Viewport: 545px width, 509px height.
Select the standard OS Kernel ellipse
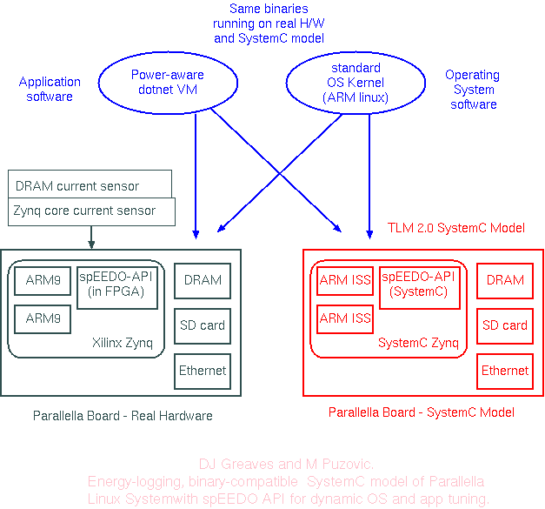(x=356, y=83)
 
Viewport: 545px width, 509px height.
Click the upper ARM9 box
(x=42, y=280)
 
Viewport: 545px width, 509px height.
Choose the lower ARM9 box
(x=42, y=318)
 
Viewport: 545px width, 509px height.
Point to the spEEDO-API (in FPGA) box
(x=117, y=287)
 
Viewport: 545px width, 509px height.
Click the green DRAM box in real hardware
(x=203, y=280)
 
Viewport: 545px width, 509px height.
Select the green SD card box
(x=203, y=325)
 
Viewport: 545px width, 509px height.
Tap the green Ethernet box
(x=203, y=371)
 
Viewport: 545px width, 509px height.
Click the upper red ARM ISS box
(x=345, y=280)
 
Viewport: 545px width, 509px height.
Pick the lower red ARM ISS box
(x=345, y=318)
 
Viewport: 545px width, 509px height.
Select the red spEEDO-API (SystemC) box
(x=419, y=284)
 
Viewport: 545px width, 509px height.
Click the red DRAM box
(x=505, y=280)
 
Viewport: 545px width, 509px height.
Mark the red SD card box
(x=505, y=325)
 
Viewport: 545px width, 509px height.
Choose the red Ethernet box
(x=505, y=371)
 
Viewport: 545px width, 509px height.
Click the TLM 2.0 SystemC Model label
(x=456, y=229)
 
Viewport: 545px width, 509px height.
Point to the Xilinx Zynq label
(x=123, y=343)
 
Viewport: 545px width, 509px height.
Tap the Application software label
(x=50, y=89)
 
